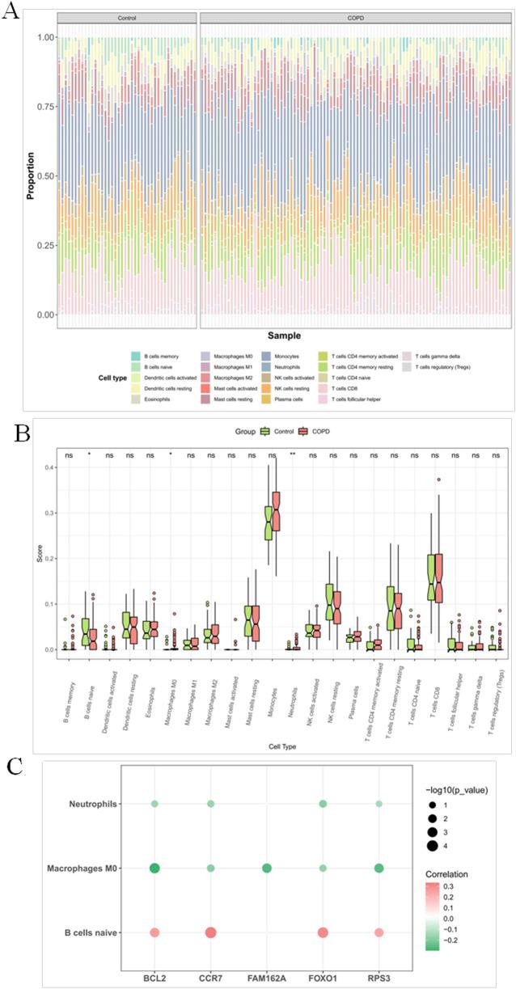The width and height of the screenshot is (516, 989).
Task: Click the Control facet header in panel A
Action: click(126, 17)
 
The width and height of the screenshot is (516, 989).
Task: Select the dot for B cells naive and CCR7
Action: click(210, 932)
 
